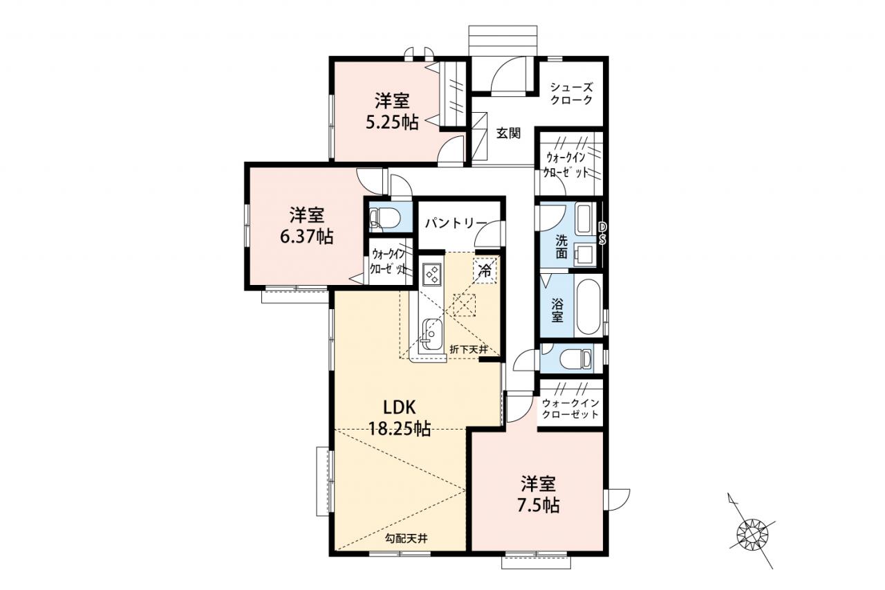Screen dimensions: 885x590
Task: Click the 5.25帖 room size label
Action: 392,123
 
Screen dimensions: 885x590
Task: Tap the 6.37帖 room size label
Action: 306,237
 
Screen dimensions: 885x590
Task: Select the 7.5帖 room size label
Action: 538,506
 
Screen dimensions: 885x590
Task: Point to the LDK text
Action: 399,407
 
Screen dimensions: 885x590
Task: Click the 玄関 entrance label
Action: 508,133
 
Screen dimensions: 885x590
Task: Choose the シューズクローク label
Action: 572,93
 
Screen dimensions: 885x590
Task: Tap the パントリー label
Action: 456,223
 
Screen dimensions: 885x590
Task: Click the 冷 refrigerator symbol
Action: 485,270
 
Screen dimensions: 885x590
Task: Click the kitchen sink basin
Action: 432,334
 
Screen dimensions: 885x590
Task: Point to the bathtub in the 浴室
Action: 588,306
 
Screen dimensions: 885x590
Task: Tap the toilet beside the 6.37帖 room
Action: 385,217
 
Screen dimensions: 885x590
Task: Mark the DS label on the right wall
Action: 602,233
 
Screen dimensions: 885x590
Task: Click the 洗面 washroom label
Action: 561,246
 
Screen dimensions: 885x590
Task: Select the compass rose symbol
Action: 753,536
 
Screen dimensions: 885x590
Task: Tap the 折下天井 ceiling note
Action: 469,349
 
